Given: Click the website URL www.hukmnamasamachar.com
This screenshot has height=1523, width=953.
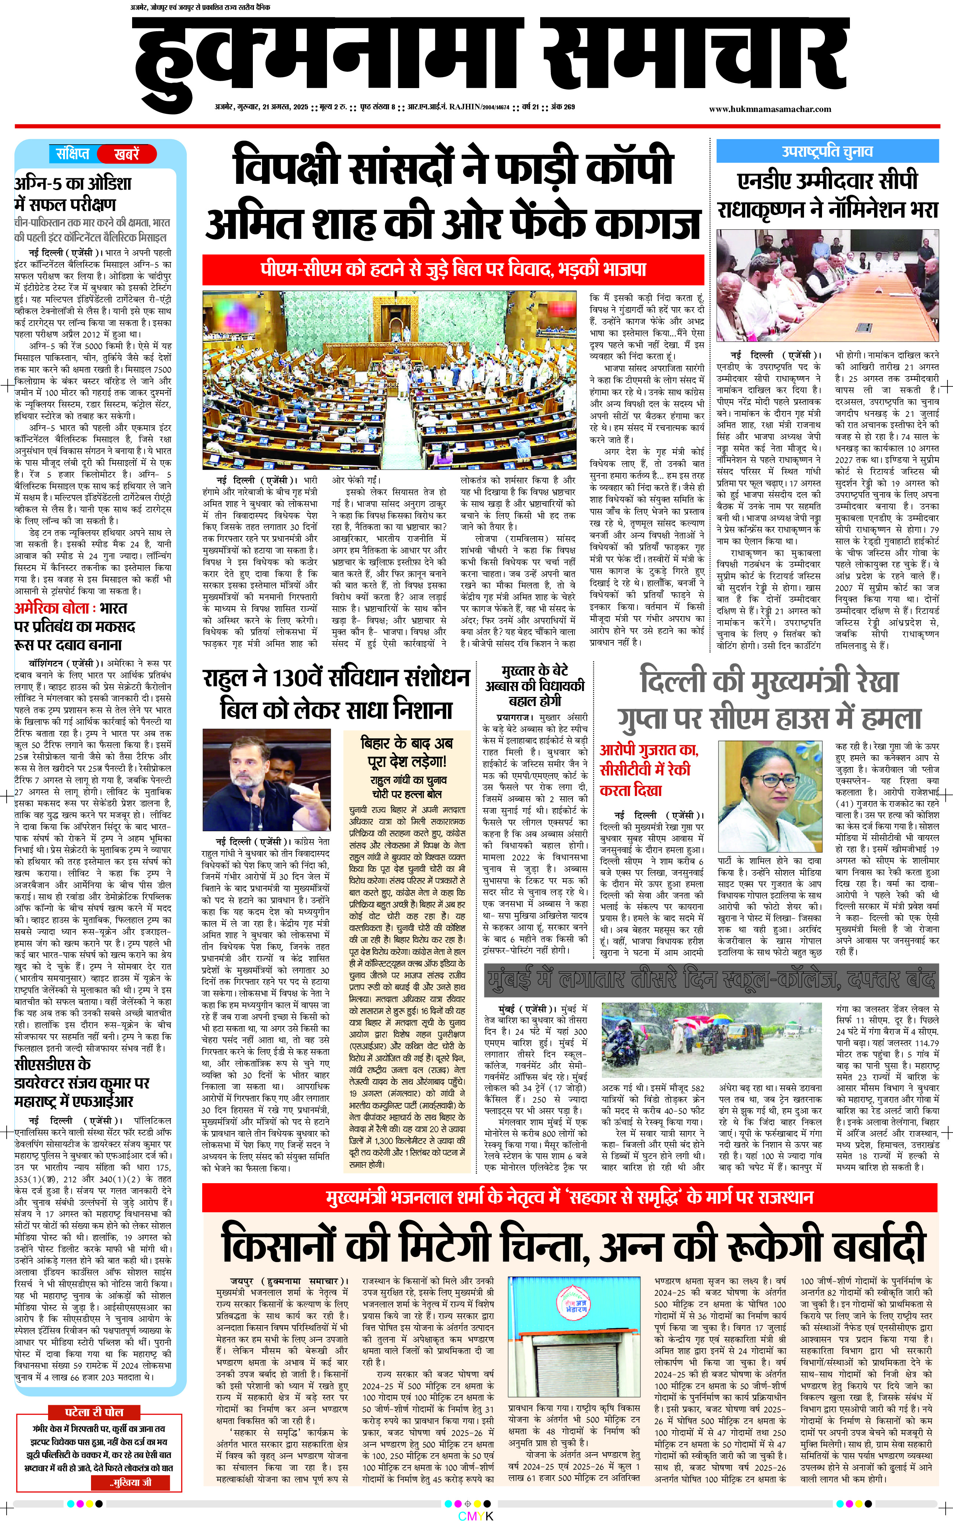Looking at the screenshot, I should (770, 109).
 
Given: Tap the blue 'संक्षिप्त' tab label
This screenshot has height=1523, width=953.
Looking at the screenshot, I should (73, 153).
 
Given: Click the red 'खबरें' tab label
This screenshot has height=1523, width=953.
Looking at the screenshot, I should (126, 153).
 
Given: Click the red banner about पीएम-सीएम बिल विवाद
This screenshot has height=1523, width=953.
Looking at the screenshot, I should (452, 269).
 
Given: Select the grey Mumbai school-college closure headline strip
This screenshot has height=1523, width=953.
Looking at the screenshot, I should (711, 979).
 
